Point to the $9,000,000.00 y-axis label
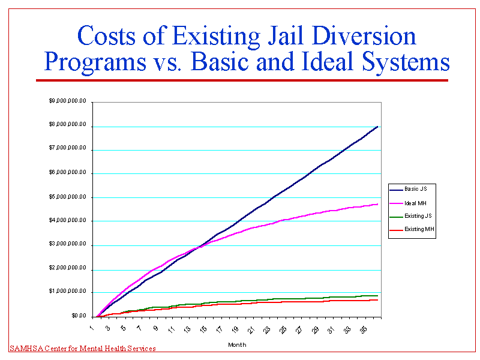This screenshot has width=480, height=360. coord(68,101)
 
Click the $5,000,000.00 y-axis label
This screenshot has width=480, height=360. coord(68,197)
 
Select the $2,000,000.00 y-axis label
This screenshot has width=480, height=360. coord(68,269)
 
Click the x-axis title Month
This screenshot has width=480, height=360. coord(236,345)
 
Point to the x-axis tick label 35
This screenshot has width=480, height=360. coord(362,330)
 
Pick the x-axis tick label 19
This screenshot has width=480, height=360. coord(235,330)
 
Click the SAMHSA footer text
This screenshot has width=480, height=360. coord(83,349)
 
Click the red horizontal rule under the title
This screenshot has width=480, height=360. coord(242,80)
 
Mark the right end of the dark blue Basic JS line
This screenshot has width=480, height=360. coord(377,127)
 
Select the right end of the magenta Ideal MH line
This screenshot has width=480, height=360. coord(377,204)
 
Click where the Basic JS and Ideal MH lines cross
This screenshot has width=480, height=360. coord(197,247)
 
